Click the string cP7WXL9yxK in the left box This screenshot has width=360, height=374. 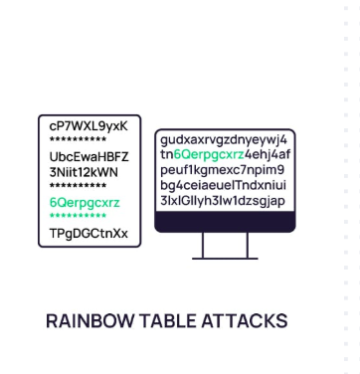pyautogui.click(x=89, y=125)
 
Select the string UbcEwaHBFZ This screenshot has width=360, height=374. pyautogui.click(x=89, y=157)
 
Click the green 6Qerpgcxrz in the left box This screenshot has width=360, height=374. pyautogui.click(x=85, y=203)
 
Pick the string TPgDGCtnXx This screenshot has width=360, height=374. pyautogui.click(x=89, y=234)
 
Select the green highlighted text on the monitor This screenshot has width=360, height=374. pyautogui.click(x=211, y=155)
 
